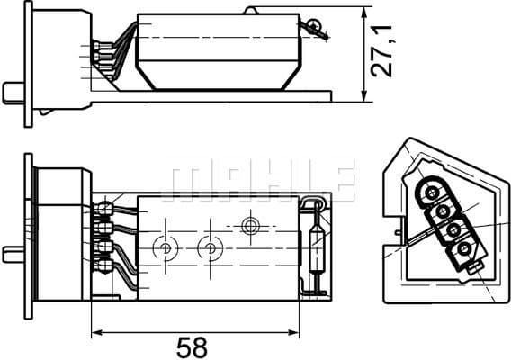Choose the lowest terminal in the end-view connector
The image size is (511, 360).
pyautogui.click(x=463, y=247)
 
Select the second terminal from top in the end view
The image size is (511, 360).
pyautogui.click(x=443, y=211)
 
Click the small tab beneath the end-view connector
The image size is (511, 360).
pyautogui.click(x=471, y=268)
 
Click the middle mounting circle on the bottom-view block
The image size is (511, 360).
pyautogui.click(x=210, y=246)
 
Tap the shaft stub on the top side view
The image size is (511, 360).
pyautogui.click(x=13, y=92)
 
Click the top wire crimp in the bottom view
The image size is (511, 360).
pyautogui.click(x=105, y=210)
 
